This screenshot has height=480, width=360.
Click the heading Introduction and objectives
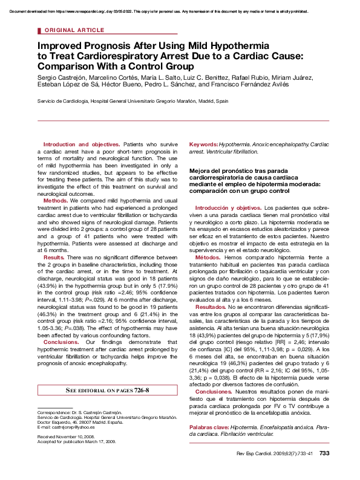[x=82, y=145]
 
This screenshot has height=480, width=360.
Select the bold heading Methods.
[x=56, y=200]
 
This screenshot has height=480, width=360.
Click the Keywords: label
[x=204, y=145]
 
